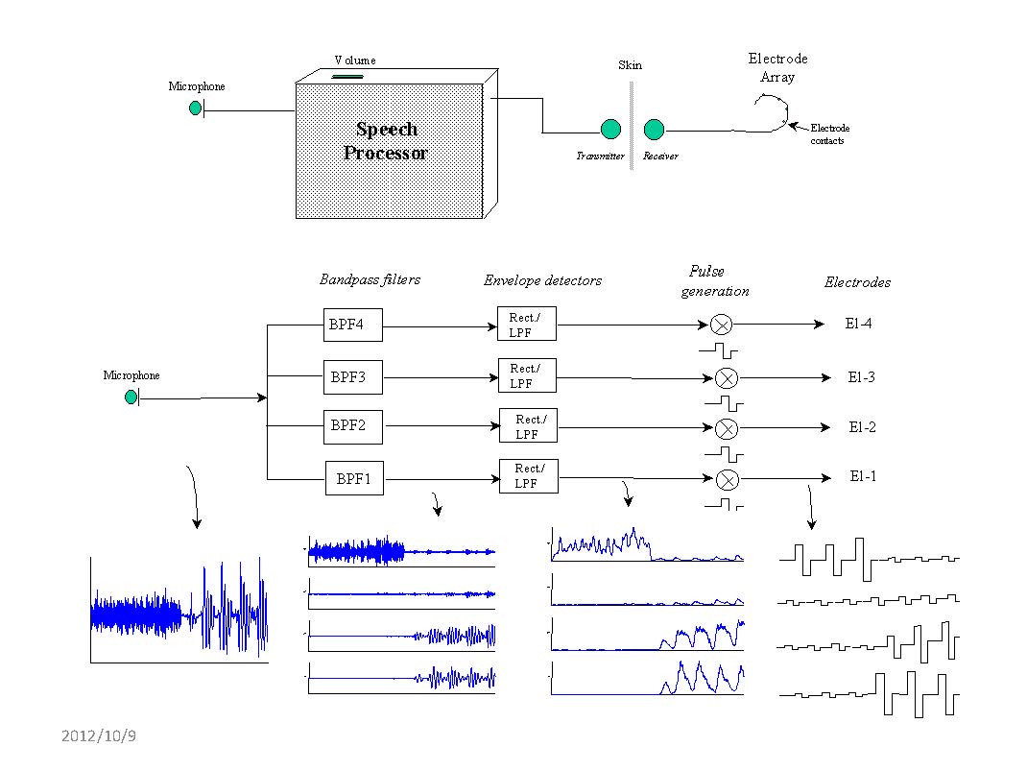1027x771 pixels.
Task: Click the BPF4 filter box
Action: tap(353, 325)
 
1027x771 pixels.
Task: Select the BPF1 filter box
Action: tap(353, 477)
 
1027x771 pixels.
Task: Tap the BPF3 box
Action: tap(353, 376)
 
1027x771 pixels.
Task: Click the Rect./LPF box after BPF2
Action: tap(527, 425)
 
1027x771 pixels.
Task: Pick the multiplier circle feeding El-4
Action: tap(720, 325)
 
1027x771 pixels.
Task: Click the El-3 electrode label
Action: tap(861, 377)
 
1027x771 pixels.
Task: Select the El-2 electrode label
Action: tap(862, 427)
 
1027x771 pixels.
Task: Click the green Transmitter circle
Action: tap(610, 130)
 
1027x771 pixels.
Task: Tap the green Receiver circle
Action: tap(654, 130)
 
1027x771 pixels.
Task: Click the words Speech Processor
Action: tap(386, 140)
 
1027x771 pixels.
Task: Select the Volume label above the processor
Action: tap(355, 60)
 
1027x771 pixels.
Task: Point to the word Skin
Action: tap(630, 65)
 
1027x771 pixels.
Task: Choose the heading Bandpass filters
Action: tap(370, 279)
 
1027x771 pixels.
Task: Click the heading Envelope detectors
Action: tap(542, 280)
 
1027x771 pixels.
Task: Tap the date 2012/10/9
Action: tap(99, 736)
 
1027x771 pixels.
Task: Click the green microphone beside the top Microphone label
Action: tap(196, 108)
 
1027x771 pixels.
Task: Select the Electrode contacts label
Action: tap(829, 134)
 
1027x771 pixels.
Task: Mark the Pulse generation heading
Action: tap(715, 280)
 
